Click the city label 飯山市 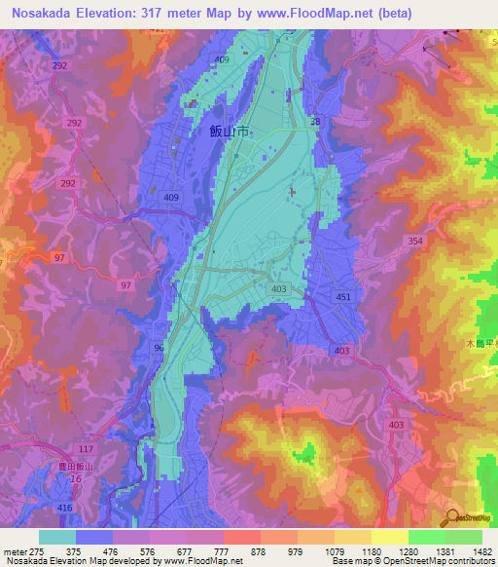click(x=229, y=134)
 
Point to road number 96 click(x=159, y=348)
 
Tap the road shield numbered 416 click(x=64, y=509)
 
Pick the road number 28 click(x=314, y=122)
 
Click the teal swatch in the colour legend click(x=57, y=537)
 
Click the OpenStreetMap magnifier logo click(x=450, y=518)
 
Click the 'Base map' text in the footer click(x=348, y=561)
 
